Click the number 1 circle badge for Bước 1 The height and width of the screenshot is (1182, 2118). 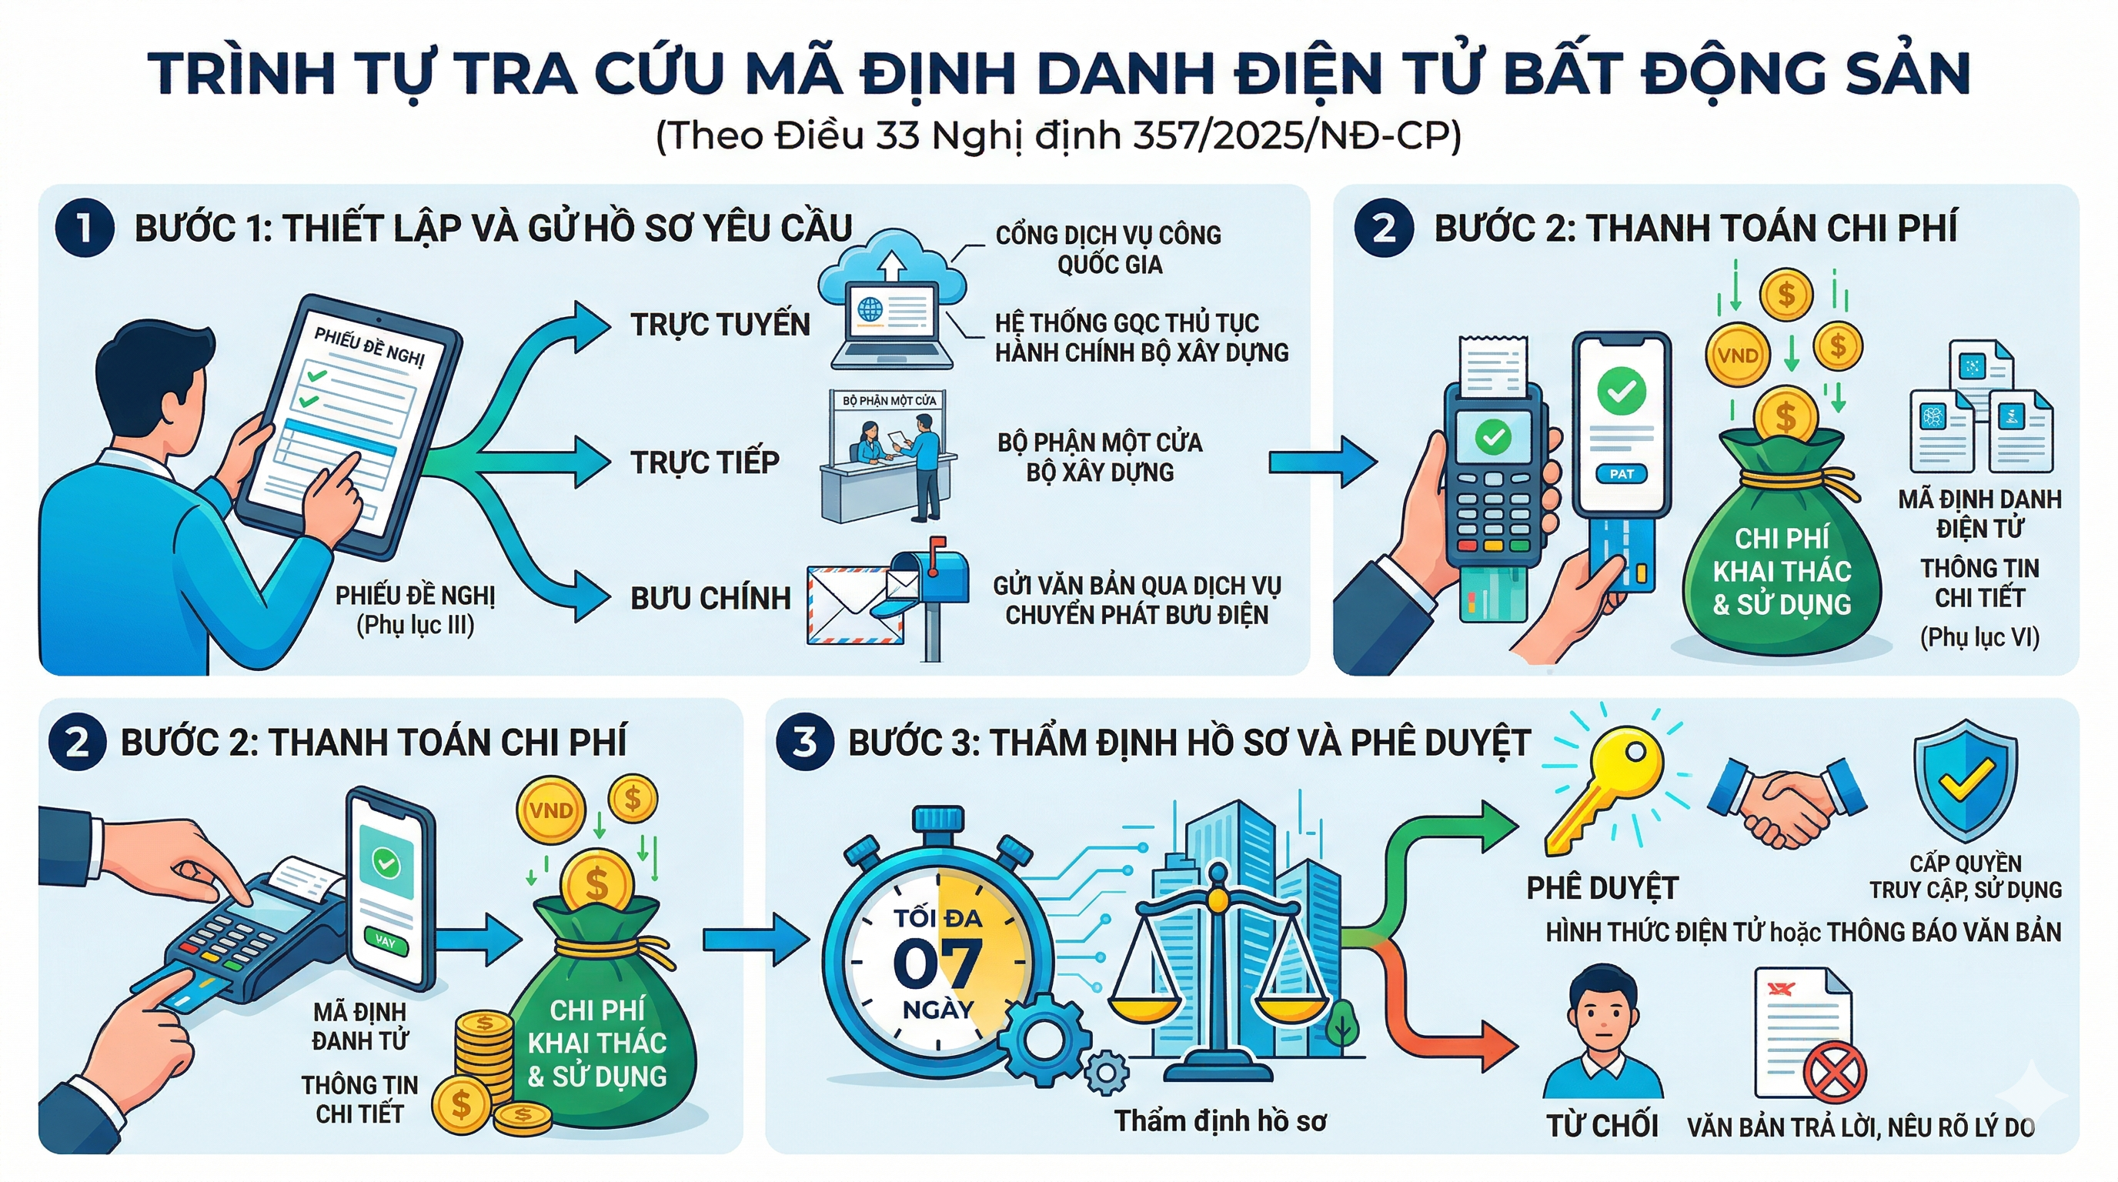pyautogui.click(x=84, y=229)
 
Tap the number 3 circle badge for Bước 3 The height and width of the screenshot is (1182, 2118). pyautogui.click(x=804, y=743)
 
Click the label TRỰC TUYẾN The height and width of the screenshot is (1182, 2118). pyautogui.click(x=720, y=325)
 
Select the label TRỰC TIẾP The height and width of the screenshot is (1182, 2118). pyautogui.click(x=705, y=462)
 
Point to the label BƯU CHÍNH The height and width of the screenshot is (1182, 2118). pyautogui.click(x=710, y=599)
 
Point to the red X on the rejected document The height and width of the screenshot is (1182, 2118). pyautogui.click(x=1834, y=1073)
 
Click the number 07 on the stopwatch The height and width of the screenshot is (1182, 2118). pyautogui.click(x=937, y=963)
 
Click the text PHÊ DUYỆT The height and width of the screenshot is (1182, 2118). pyautogui.click(x=1602, y=889)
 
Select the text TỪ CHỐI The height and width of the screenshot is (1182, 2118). pyautogui.click(x=1602, y=1126)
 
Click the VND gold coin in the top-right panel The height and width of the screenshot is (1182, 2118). pyautogui.click(x=1737, y=355)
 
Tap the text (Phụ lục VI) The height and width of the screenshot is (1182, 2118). pyautogui.click(x=1979, y=638)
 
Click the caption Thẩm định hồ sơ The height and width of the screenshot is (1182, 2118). pyautogui.click(x=1220, y=1121)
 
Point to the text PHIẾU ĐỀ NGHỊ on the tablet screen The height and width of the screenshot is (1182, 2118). pyautogui.click(x=369, y=348)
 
